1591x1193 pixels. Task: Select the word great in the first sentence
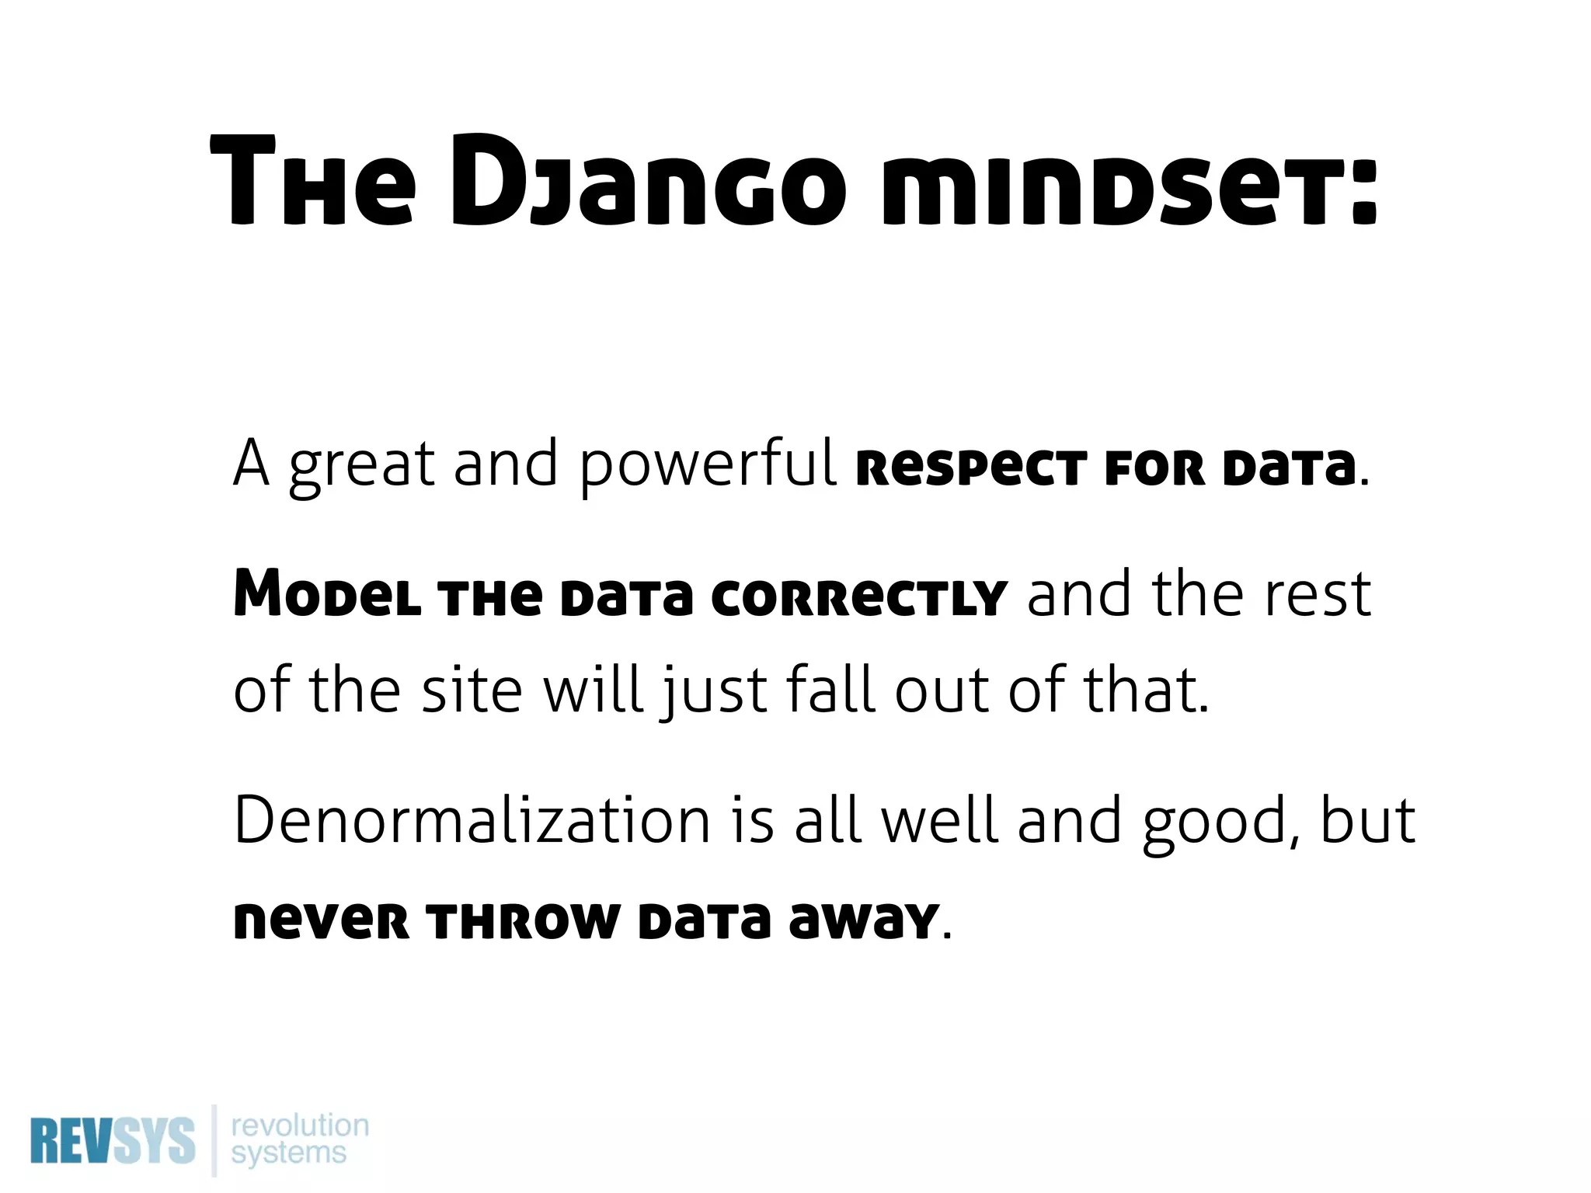[361, 464]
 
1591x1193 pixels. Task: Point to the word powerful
[708, 464]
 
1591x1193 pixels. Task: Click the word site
[472, 690]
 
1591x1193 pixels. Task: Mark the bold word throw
[526, 923]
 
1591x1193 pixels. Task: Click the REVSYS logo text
[113, 1140]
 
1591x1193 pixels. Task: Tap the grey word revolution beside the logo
[300, 1125]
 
